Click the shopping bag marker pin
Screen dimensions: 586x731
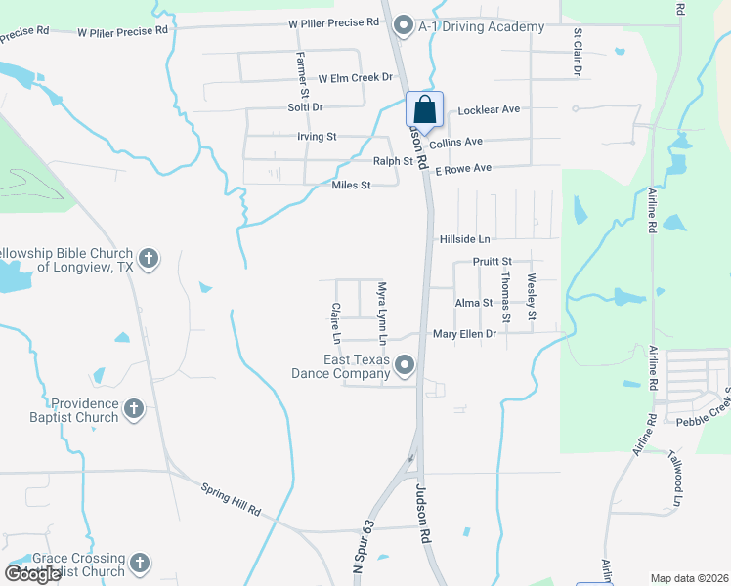[425, 109]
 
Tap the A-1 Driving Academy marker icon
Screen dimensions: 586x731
[404, 26]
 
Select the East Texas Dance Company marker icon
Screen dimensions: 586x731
[405, 366]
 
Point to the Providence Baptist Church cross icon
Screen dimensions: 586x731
[134, 409]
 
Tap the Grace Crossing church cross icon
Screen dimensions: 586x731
[140, 564]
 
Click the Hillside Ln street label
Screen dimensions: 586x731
[464, 239]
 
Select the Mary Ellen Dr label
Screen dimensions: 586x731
[464, 334]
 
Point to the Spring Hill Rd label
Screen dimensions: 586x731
[232, 498]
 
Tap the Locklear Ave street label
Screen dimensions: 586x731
[490, 110]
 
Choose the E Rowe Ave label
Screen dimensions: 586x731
[463, 169]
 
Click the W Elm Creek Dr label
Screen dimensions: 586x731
[356, 77]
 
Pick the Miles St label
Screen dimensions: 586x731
[352, 186]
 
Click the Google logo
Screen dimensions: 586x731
[32, 573]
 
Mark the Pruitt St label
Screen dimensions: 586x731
[493, 262]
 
